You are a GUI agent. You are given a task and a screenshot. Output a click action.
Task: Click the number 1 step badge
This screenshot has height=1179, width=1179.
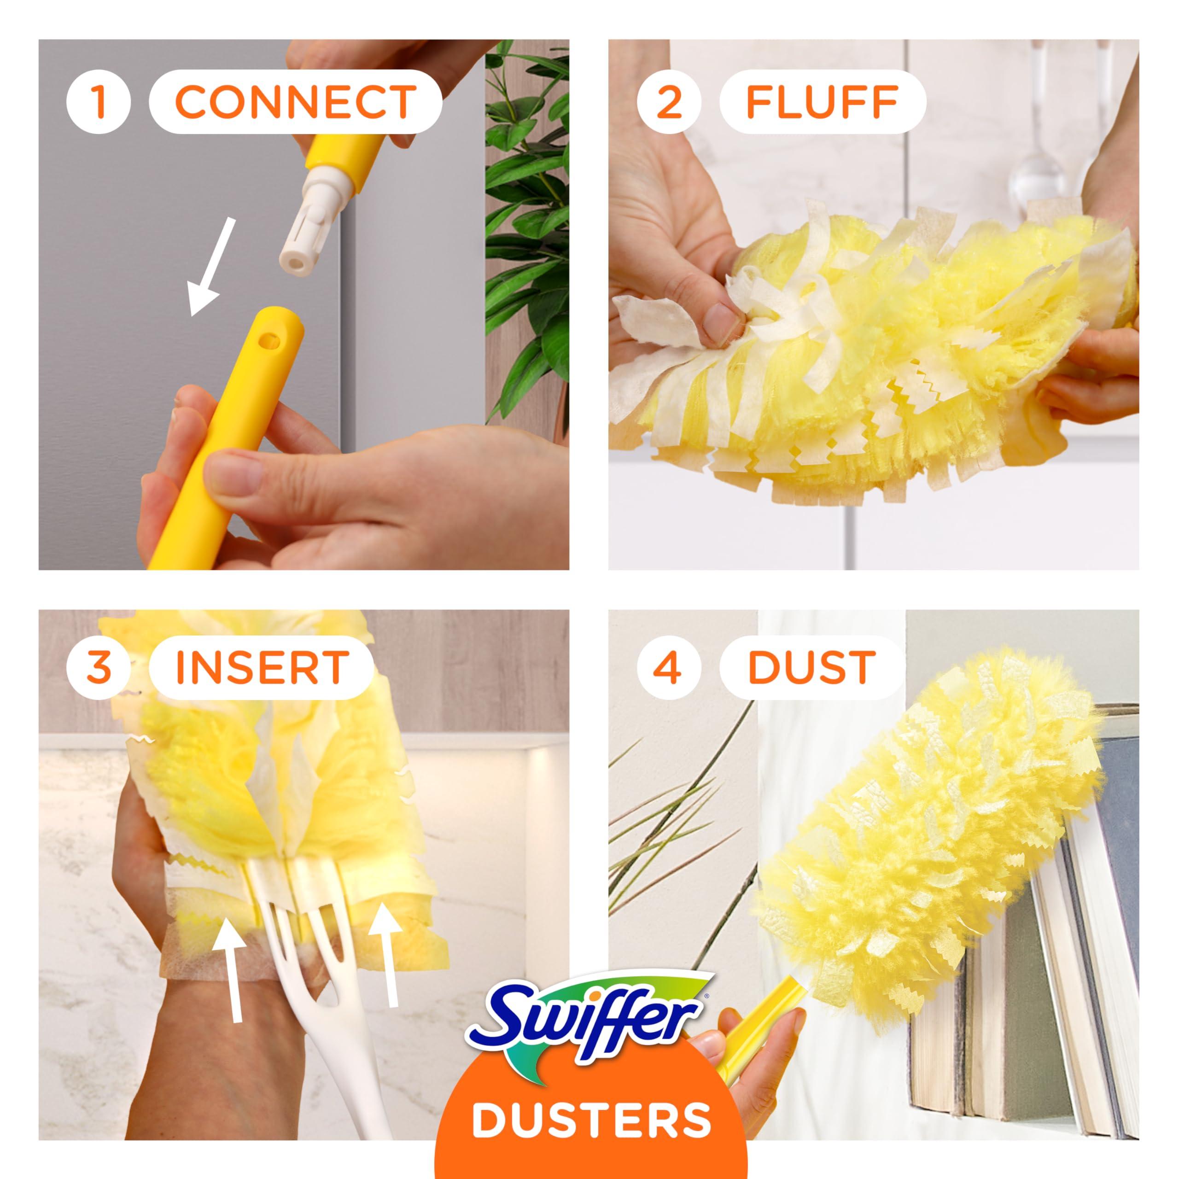tap(99, 101)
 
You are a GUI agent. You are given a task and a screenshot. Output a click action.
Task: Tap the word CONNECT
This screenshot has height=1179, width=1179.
tap(295, 101)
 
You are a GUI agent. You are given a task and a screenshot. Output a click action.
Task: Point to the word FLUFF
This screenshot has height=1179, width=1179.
tap(822, 101)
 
